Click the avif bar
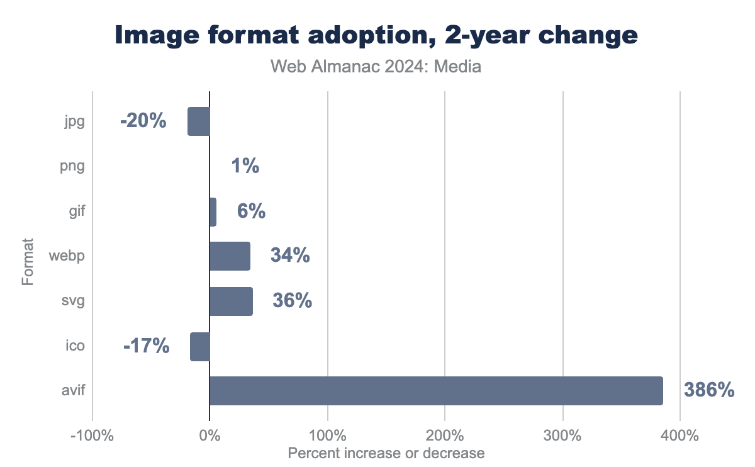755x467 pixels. coord(436,391)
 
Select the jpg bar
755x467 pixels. coord(199,121)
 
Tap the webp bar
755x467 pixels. coord(230,256)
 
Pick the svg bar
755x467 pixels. coord(231,301)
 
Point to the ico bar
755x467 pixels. coord(200,347)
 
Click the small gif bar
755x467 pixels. coord(213,211)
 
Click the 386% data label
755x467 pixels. coord(709,391)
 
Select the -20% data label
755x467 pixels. coord(143,121)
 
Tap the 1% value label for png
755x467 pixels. coord(245,166)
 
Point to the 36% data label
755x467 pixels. coord(292,301)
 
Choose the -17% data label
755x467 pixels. coord(146,346)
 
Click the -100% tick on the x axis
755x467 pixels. coord(92,436)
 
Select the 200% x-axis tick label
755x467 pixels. coord(445,436)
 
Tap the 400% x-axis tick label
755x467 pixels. coord(680,436)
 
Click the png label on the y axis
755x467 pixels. coord(74,167)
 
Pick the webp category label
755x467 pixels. coord(67,256)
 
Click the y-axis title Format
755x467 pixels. coord(28,261)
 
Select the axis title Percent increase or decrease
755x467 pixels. coord(386,453)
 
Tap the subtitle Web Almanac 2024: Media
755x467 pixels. coord(376,66)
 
